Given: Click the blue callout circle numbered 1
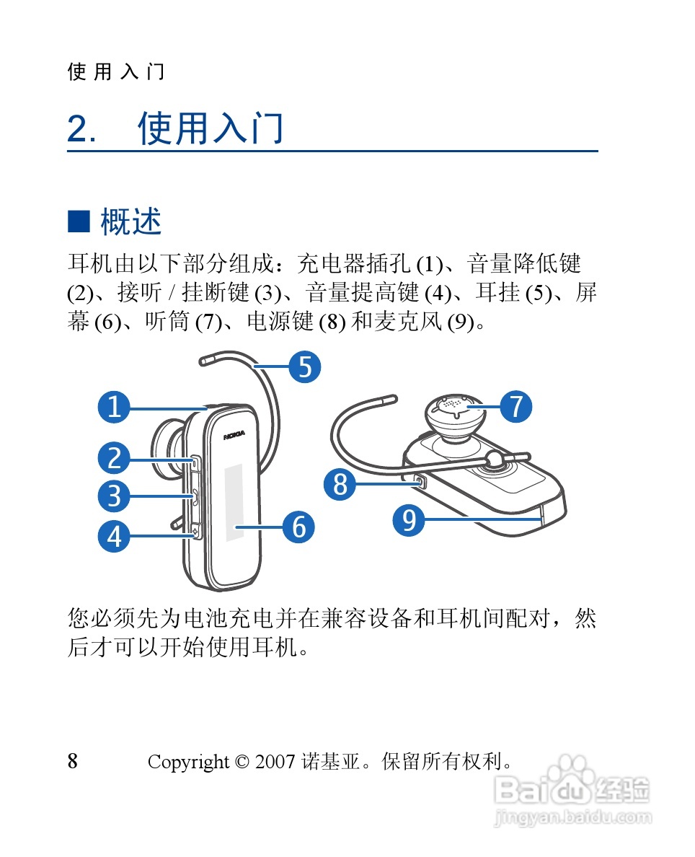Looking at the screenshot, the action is coord(114,407).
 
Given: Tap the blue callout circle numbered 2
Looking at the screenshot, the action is coord(114,457).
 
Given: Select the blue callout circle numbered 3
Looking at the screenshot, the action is coord(114,496).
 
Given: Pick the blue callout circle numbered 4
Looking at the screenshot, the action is coord(114,535).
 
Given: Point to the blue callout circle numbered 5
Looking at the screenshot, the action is coord(305,366).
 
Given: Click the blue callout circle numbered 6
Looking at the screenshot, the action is coord(298,527).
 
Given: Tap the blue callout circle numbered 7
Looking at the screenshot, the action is coord(515,406).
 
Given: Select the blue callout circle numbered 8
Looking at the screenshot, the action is coord(340,484).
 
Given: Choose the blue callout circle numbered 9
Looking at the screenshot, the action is coord(409,519).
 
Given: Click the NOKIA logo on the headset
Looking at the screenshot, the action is coord(234,435).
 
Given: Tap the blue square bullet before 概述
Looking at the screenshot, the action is coord(79,221).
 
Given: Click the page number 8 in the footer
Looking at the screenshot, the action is coord(72,760).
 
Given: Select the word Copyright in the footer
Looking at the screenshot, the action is coord(188,762).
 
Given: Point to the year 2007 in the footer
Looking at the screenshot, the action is coord(275,761).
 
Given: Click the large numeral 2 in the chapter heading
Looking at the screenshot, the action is coord(78,129).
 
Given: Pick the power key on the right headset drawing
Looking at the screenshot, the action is coord(420,481).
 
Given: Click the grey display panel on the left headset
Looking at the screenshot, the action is coord(234,503).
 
